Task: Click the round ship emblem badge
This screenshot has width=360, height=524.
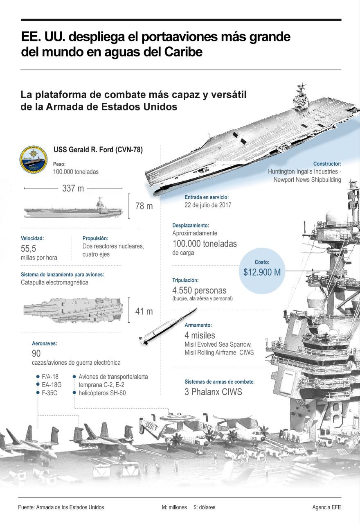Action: pyautogui.click(x=34, y=160)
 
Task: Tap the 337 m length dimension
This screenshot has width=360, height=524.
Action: pyautogui.click(x=73, y=188)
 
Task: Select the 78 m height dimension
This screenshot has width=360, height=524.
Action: pyautogui.click(x=144, y=206)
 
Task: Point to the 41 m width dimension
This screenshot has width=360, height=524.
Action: pyautogui.click(x=144, y=312)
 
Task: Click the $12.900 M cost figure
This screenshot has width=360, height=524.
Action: pyautogui.click(x=262, y=272)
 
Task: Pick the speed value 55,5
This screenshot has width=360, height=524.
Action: pyautogui.click(x=28, y=248)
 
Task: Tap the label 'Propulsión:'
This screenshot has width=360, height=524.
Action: pyautogui.click(x=96, y=238)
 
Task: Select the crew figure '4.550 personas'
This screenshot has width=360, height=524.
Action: pyautogui.click(x=199, y=291)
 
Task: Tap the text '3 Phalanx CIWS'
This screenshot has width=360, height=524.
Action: pyautogui.click(x=213, y=392)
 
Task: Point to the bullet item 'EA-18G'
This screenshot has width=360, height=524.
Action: pyautogui.click(x=52, y=384)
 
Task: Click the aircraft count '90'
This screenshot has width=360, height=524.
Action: pyautogui.click(x=36, y=353)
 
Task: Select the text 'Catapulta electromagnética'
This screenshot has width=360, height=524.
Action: pyautogui.click(x=54, y=282)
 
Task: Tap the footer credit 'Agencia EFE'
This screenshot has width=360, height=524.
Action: pyautogui.click(x=326, y=507)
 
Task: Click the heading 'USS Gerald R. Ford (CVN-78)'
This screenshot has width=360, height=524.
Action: pyautogui.click(x=98, y=150)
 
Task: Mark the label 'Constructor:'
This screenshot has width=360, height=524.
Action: pyautogui.click(x=327, y=164)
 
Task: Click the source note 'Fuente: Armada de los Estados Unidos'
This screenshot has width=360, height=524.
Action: pyautogui.click(x=61, y=507)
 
